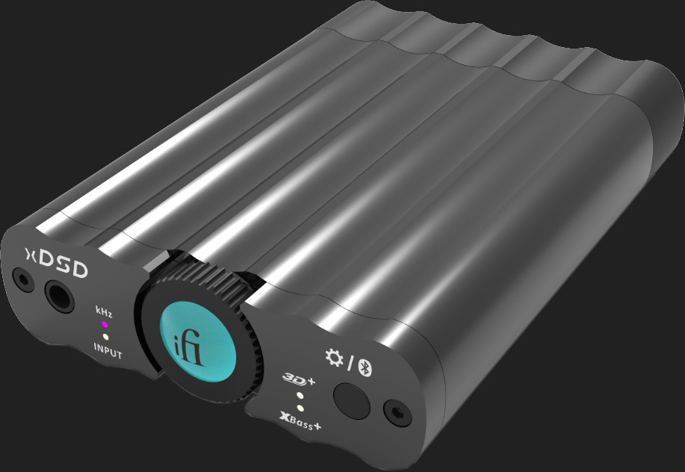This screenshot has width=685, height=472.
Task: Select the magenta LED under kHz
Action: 105,324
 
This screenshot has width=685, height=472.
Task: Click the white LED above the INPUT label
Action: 105,337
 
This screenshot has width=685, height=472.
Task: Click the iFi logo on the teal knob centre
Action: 198,344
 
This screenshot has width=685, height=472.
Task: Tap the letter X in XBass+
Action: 284,420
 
